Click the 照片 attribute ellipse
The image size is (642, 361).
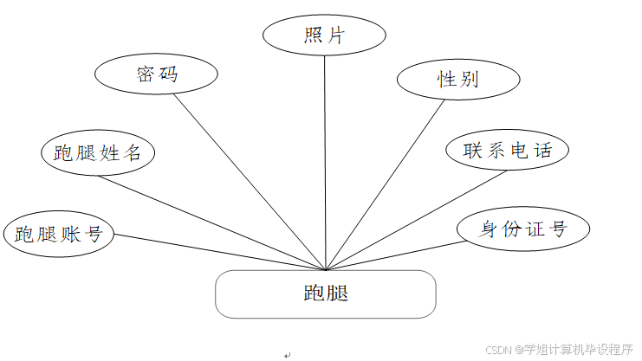[x=325, y=35]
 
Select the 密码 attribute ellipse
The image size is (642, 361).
[x=156, y=75]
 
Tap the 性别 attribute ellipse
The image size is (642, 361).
[x=457, y=79]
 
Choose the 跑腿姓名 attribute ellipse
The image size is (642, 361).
[x=97, y=153]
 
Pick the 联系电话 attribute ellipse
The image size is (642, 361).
[x=508, y=150]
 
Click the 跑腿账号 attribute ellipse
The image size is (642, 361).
[x=59, y=234]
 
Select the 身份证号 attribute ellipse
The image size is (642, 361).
[x=523, y=229]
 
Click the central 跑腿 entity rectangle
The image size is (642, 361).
[x=326, y=293]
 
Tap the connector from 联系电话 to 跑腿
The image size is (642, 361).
[x=416, y=220]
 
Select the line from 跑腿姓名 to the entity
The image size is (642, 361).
[x=212, y=222]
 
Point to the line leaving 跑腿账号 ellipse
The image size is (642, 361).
[x=217, y=252]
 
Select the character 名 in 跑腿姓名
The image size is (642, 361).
[x=133, y=154]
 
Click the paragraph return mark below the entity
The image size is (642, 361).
[x=288, y=354]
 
